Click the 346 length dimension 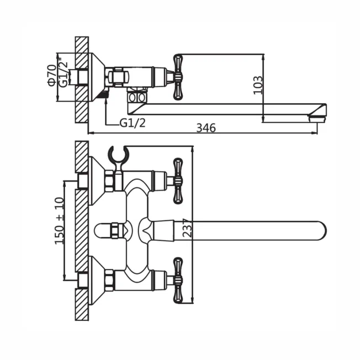point(206,128)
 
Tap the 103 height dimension point(258,84)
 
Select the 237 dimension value point(187,227)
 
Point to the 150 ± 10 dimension point(59,220)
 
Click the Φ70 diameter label point(52,75)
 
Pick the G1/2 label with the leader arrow point(133,124)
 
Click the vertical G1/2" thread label point(63,72)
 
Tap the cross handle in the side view point(178,77)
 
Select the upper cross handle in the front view point(178,181)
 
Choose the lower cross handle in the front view point(178,280)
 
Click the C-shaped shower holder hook point(119,156)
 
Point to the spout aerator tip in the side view point(317,119)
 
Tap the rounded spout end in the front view point(320,231)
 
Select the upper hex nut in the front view point(109,181)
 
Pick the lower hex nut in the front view point(109,280)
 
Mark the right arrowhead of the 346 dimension point(314,133)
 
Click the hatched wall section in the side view point(82,80)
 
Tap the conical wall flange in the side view point(97,77)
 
